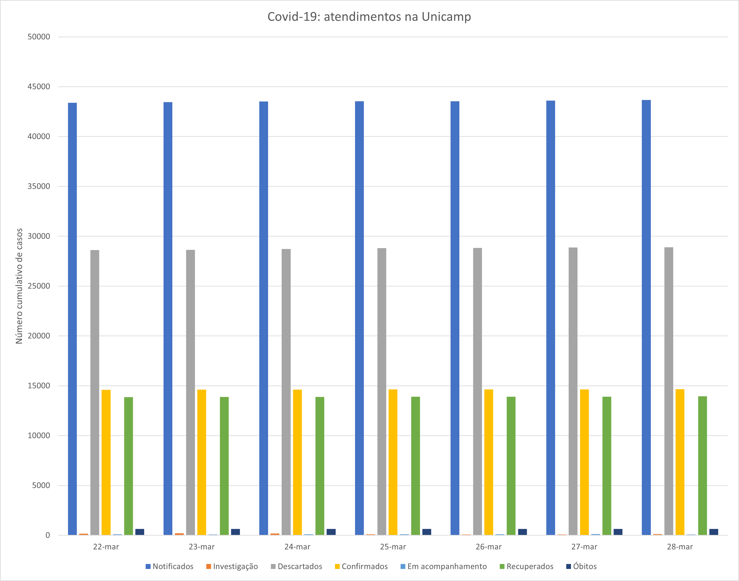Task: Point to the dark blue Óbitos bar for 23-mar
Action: (x=235, y=532)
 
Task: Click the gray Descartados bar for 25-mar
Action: (x=382, y=391)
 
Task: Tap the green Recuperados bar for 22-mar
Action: (x=128, y=466)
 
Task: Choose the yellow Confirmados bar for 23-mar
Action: (x=202, y=462)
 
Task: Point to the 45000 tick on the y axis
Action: (x=39, y=87)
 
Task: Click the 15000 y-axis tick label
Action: (x=39, y=386)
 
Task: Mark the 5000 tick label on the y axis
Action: (x=41, y=485)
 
